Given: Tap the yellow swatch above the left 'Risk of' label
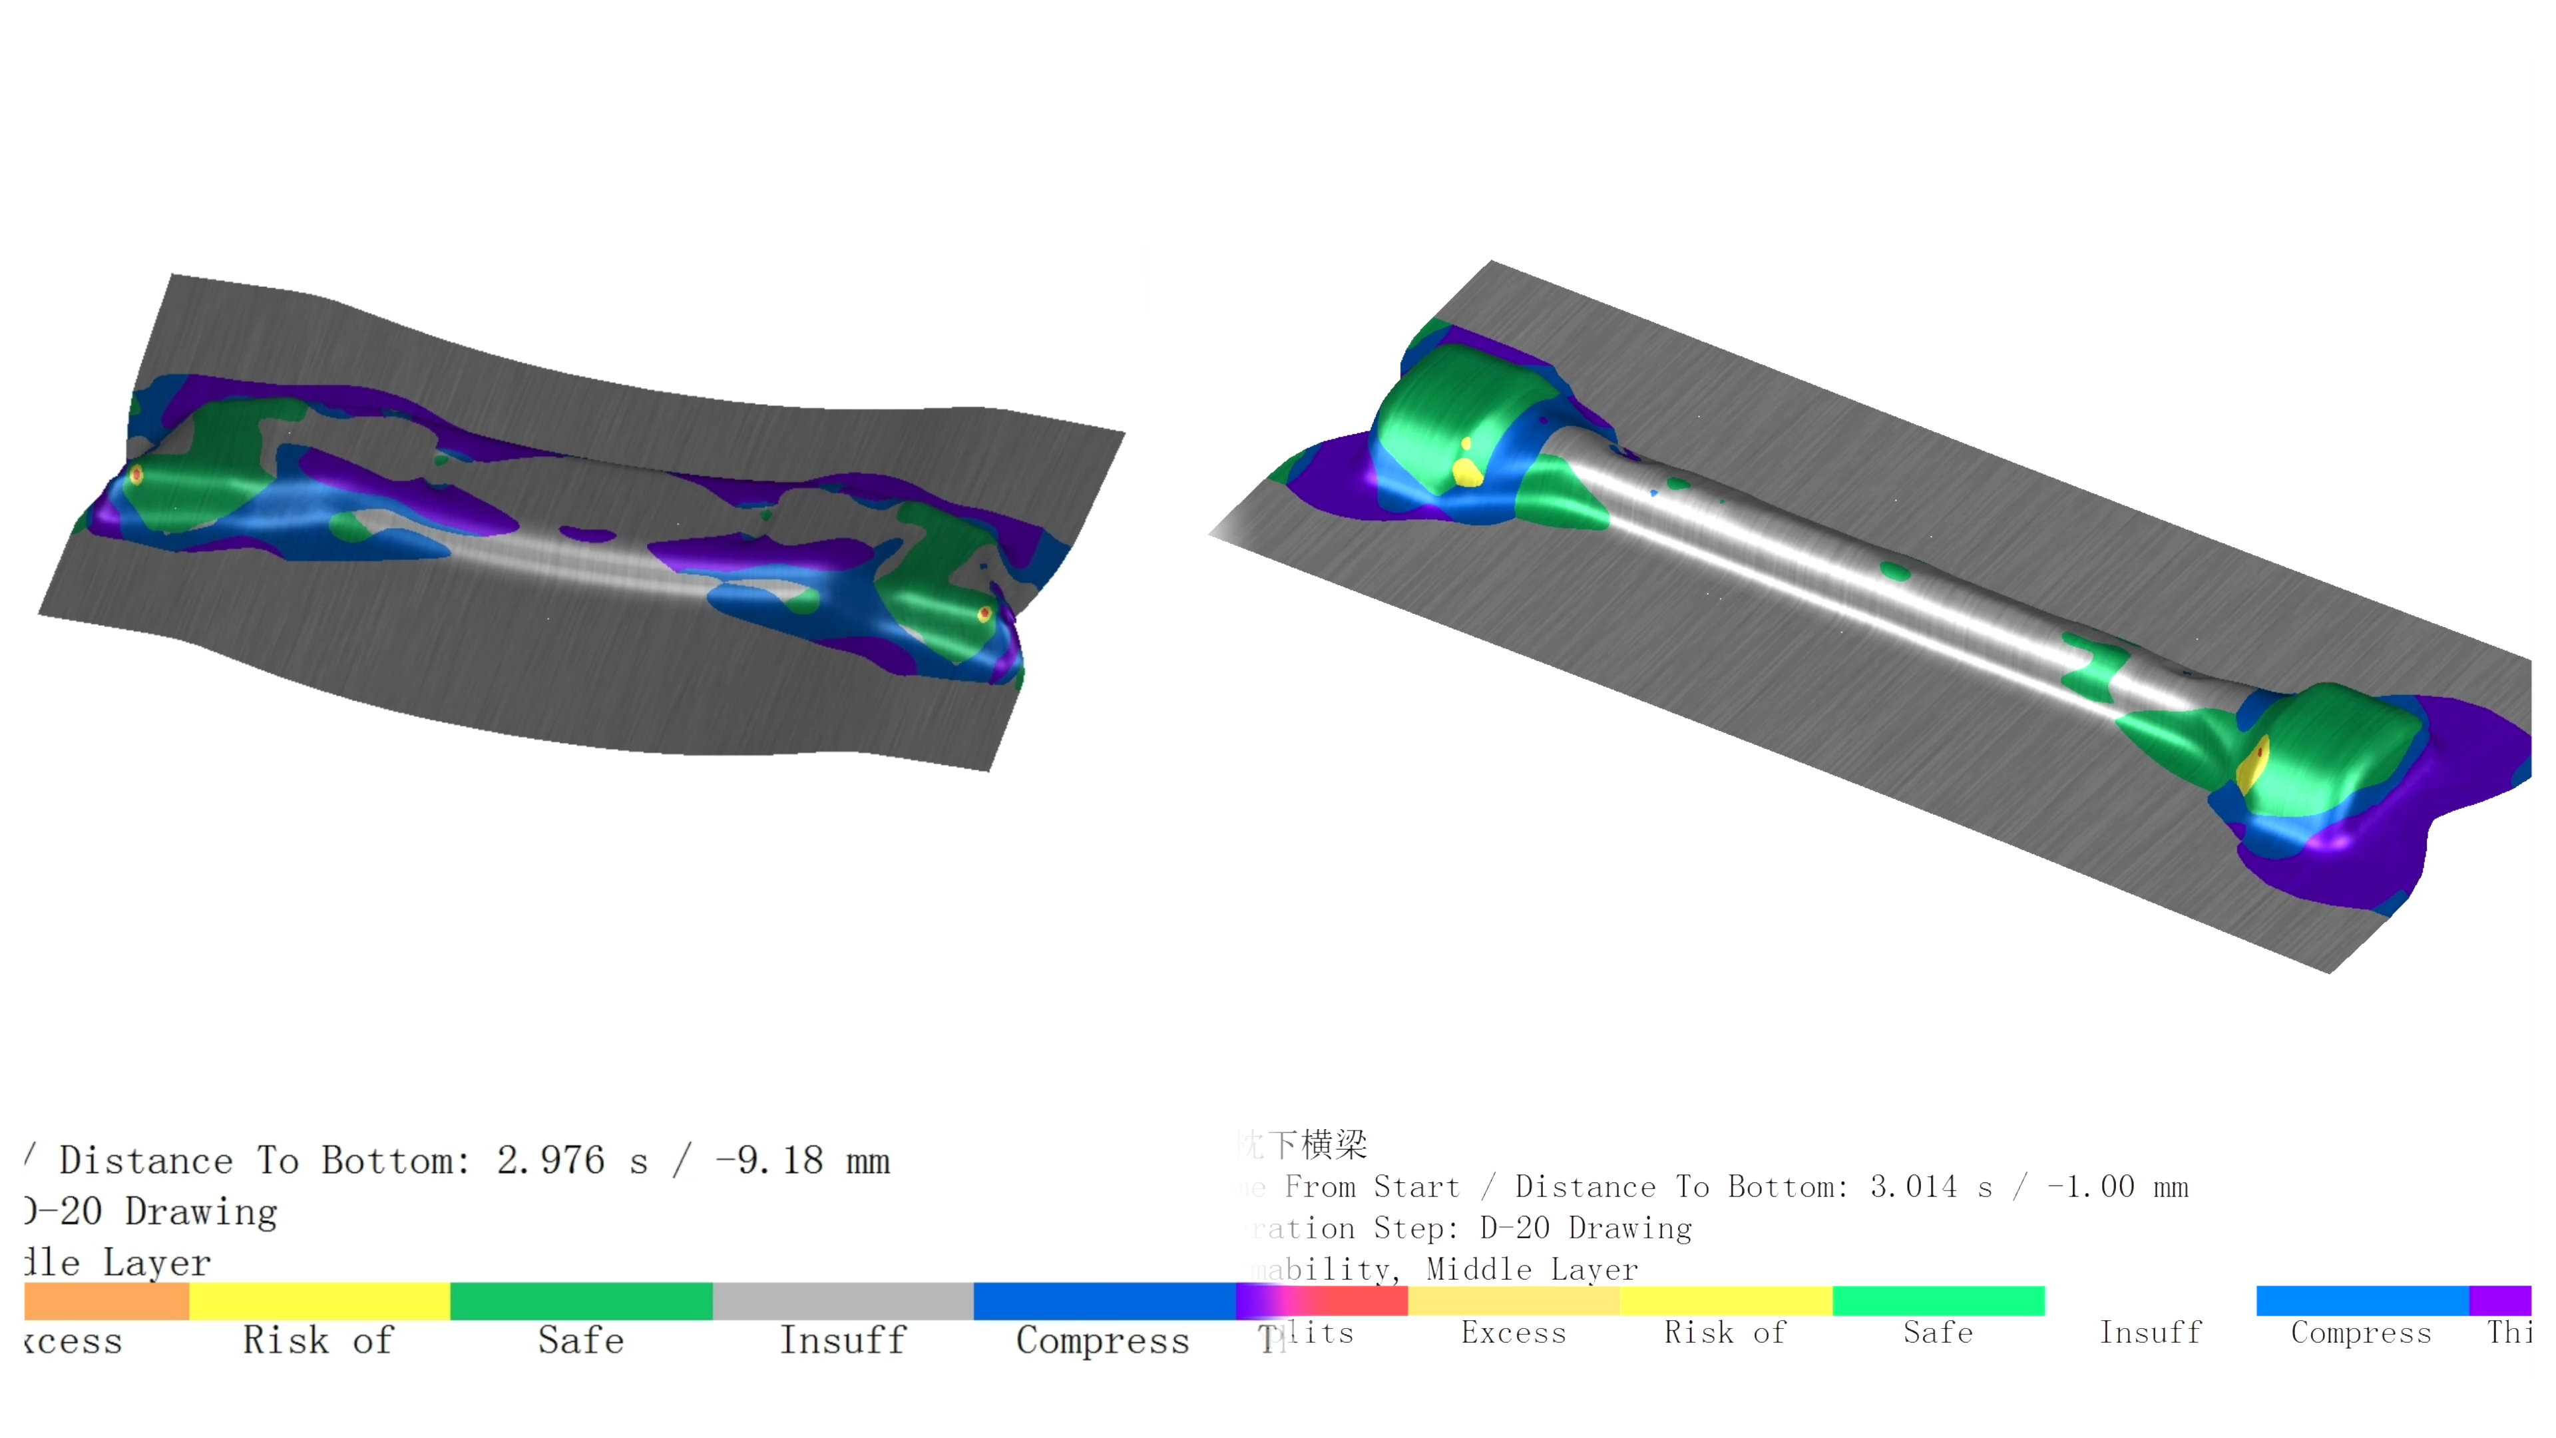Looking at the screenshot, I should pos(319,1300).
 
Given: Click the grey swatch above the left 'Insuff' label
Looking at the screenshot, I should pos(843,1300).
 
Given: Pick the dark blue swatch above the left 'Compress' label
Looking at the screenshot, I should pos(1104,1300).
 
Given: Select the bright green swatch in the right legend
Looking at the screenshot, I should pos(1938,1300).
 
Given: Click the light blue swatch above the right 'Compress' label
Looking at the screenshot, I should pos(2362,1300).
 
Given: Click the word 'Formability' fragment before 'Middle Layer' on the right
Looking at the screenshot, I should pos(1320,1270).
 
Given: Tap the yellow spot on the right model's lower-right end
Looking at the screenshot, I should pos(2253,762).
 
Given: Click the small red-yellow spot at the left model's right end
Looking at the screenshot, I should pos(984,614).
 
